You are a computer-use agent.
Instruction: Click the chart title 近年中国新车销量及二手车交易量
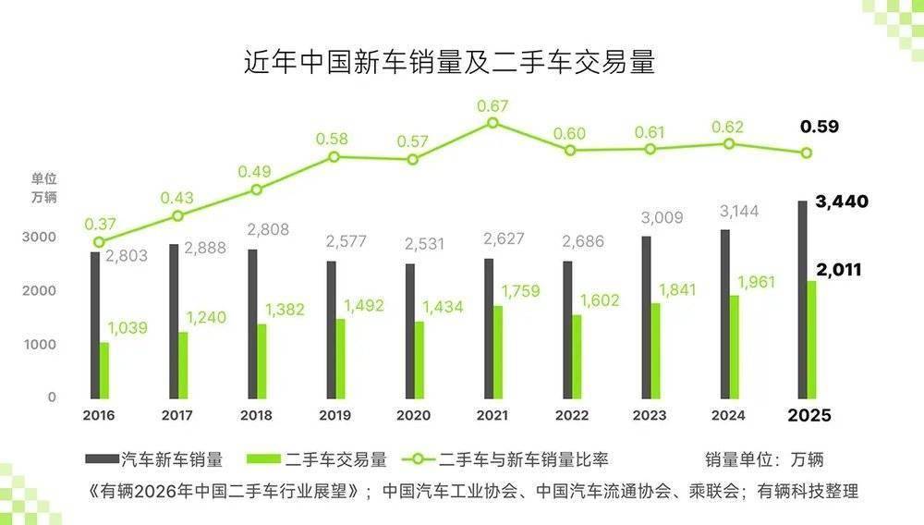(x=449, y=63)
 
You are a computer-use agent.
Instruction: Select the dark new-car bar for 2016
(x=94, y=324)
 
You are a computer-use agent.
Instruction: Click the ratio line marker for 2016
(x=99, y=242)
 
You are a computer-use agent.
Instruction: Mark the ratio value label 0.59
(x=819, y=127)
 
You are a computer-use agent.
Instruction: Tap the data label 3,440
(x=842, y=201)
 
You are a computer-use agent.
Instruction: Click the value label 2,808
(x=269, y=228)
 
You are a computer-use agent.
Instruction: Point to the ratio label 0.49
(x=253, y=172)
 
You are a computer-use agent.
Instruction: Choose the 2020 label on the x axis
(x=412, y=415)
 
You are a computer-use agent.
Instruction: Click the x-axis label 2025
(x=808, y=415)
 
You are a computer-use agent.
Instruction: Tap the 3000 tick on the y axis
(x=40, y=238)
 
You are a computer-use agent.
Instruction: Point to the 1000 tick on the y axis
(x=40, y=344)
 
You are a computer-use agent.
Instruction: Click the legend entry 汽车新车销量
(x=154, y=458)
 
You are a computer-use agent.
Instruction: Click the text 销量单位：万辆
(x=764, y=458)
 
